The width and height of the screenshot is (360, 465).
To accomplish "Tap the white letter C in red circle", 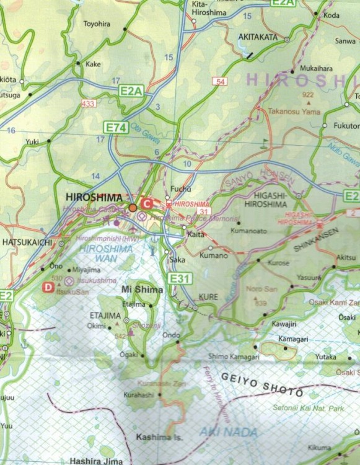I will [146, 203].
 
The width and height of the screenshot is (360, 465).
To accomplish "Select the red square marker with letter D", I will [48, 287].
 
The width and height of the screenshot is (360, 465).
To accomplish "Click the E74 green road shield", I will [115, 128].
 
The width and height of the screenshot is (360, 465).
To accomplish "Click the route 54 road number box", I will [221, 81].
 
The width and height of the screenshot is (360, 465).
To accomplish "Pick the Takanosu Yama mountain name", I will [293, 112].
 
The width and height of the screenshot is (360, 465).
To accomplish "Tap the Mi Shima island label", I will [142, 290].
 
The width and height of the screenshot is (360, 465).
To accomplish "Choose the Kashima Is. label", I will [159, 437].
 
